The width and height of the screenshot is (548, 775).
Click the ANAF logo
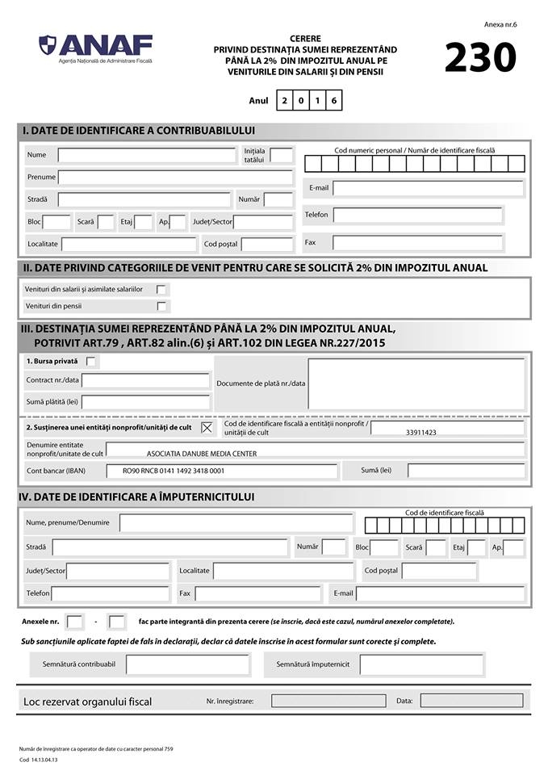[96, 46]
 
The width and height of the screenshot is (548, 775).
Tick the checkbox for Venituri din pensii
[161, 306]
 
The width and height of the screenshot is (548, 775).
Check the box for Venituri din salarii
[161, 289]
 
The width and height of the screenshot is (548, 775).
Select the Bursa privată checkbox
[91, 361]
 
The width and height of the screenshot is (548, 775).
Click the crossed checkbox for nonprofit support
[207, 427]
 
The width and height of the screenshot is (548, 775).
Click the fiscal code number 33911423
[420, 433]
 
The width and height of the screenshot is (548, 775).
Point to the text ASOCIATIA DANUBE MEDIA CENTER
[202, 454]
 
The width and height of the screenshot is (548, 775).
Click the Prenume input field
[175, 178]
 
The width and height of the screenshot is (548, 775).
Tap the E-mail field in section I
[428, 188]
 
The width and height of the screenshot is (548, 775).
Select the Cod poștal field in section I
[266, 244]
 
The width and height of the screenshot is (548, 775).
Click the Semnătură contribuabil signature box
[187, 664]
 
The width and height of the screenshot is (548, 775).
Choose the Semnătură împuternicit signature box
[421, 664]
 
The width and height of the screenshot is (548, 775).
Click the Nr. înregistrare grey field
[328, 701]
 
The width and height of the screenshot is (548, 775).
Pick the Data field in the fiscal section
[471, 701]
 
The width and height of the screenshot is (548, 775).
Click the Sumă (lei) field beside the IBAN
[466, 471]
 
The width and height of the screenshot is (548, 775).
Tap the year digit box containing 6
[333, 101]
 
